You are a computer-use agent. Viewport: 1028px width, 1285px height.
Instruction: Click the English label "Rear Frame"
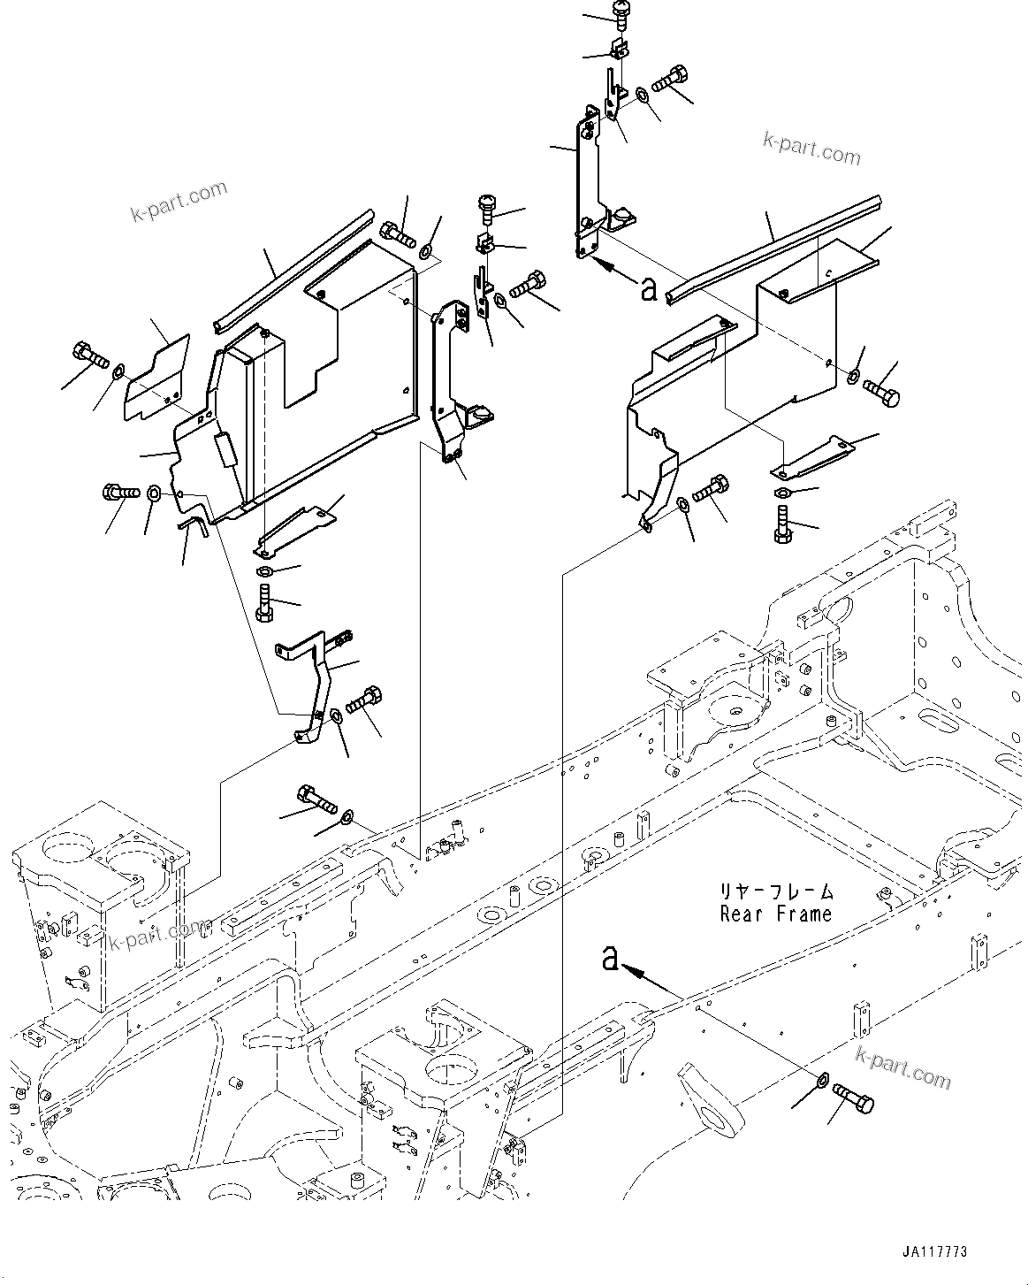pos(776,914)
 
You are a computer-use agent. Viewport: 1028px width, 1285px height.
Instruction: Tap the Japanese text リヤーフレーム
pos(776,892)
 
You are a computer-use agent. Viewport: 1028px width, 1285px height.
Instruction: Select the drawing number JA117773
pos(934,1252)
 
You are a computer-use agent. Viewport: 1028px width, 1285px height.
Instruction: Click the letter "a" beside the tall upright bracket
pos(649,288)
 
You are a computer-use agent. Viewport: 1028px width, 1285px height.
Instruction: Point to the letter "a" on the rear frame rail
pos(609,958)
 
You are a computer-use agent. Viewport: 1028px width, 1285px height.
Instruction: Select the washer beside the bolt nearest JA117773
pos(821,1081)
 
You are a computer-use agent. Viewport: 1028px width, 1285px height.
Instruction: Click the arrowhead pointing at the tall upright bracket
pos(605,263)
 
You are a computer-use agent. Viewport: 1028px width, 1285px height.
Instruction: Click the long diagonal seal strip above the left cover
pos(292,269)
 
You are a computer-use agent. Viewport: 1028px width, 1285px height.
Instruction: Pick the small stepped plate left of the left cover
pos(156,376)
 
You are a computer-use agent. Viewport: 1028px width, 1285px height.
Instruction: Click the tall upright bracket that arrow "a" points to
pos(587,186)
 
